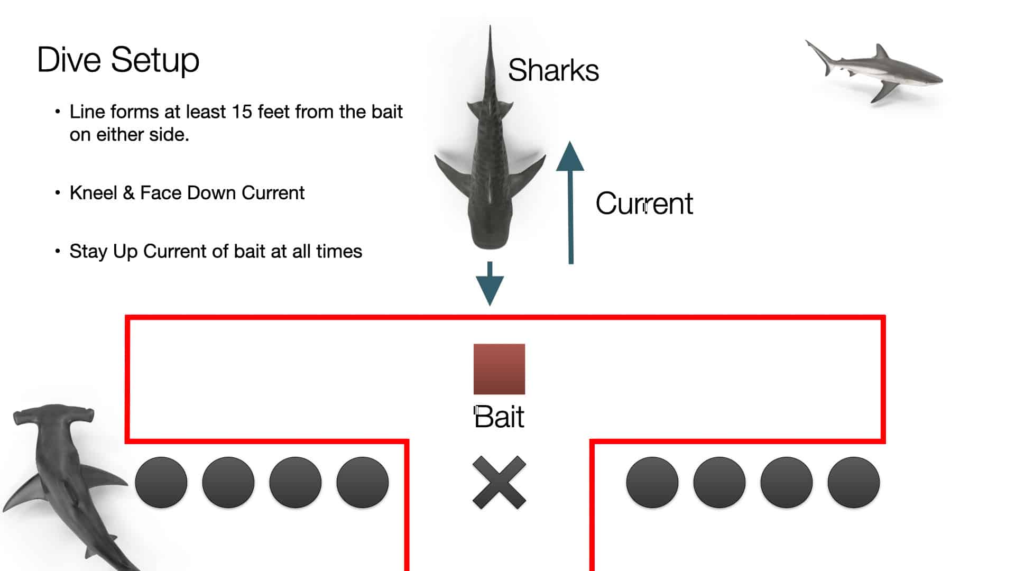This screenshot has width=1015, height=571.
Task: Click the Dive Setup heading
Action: tap(118, 60)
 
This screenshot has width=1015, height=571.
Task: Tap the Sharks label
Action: tap(553, 70)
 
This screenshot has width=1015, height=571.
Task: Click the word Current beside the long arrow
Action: tap(644, 204)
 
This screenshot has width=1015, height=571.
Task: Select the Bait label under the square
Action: tap(499, 417)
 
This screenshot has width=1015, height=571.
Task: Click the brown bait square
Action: tap(499, 369)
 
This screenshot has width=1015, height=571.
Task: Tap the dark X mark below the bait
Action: tap(499, 482)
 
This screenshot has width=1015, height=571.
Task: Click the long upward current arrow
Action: tap(570, 202)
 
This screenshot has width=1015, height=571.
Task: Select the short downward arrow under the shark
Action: tap(490, 284)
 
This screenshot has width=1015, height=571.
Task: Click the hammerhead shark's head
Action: tap(53, 415)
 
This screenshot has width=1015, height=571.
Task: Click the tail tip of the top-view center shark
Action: tap(490, 26)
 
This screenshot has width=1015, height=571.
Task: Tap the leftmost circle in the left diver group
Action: tap(161, 482)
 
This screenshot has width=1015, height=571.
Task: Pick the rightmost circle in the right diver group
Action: tap(854, 482)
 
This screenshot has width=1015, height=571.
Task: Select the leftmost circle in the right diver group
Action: tap(652, 482)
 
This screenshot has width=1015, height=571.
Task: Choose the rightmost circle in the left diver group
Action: tap(363, 482)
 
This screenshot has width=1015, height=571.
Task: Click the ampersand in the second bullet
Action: tap(128, 193)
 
